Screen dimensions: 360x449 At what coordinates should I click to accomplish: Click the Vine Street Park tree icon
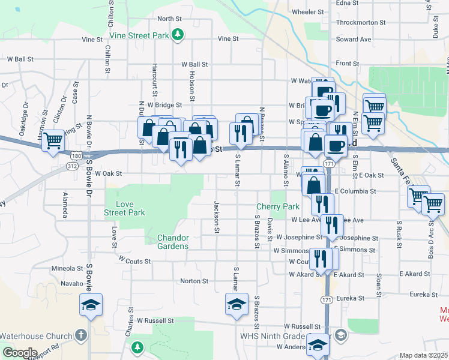pos(178,35)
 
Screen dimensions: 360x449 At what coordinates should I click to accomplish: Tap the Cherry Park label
pos(278,206)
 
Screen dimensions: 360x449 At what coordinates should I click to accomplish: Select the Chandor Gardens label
pos(173,242)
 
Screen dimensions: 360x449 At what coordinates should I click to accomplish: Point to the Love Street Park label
pos(124,208)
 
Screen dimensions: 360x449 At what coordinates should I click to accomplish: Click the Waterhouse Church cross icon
pos(82,336)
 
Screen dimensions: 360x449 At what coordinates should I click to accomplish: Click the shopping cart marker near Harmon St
pos(53,140)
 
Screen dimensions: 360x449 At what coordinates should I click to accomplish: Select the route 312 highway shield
pos(73,165)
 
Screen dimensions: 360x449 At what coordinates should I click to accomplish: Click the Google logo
pos(20,353)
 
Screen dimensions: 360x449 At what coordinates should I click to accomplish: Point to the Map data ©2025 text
pos(423,355)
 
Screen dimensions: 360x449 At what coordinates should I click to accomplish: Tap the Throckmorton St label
pos(357,22)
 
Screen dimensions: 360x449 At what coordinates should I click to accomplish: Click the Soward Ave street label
pos(354,39)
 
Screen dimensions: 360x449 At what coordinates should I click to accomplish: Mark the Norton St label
pos(194,280)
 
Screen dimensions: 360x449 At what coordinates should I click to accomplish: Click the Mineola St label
pos(67,268)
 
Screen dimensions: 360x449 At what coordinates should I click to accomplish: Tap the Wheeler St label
pos(308,11)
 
